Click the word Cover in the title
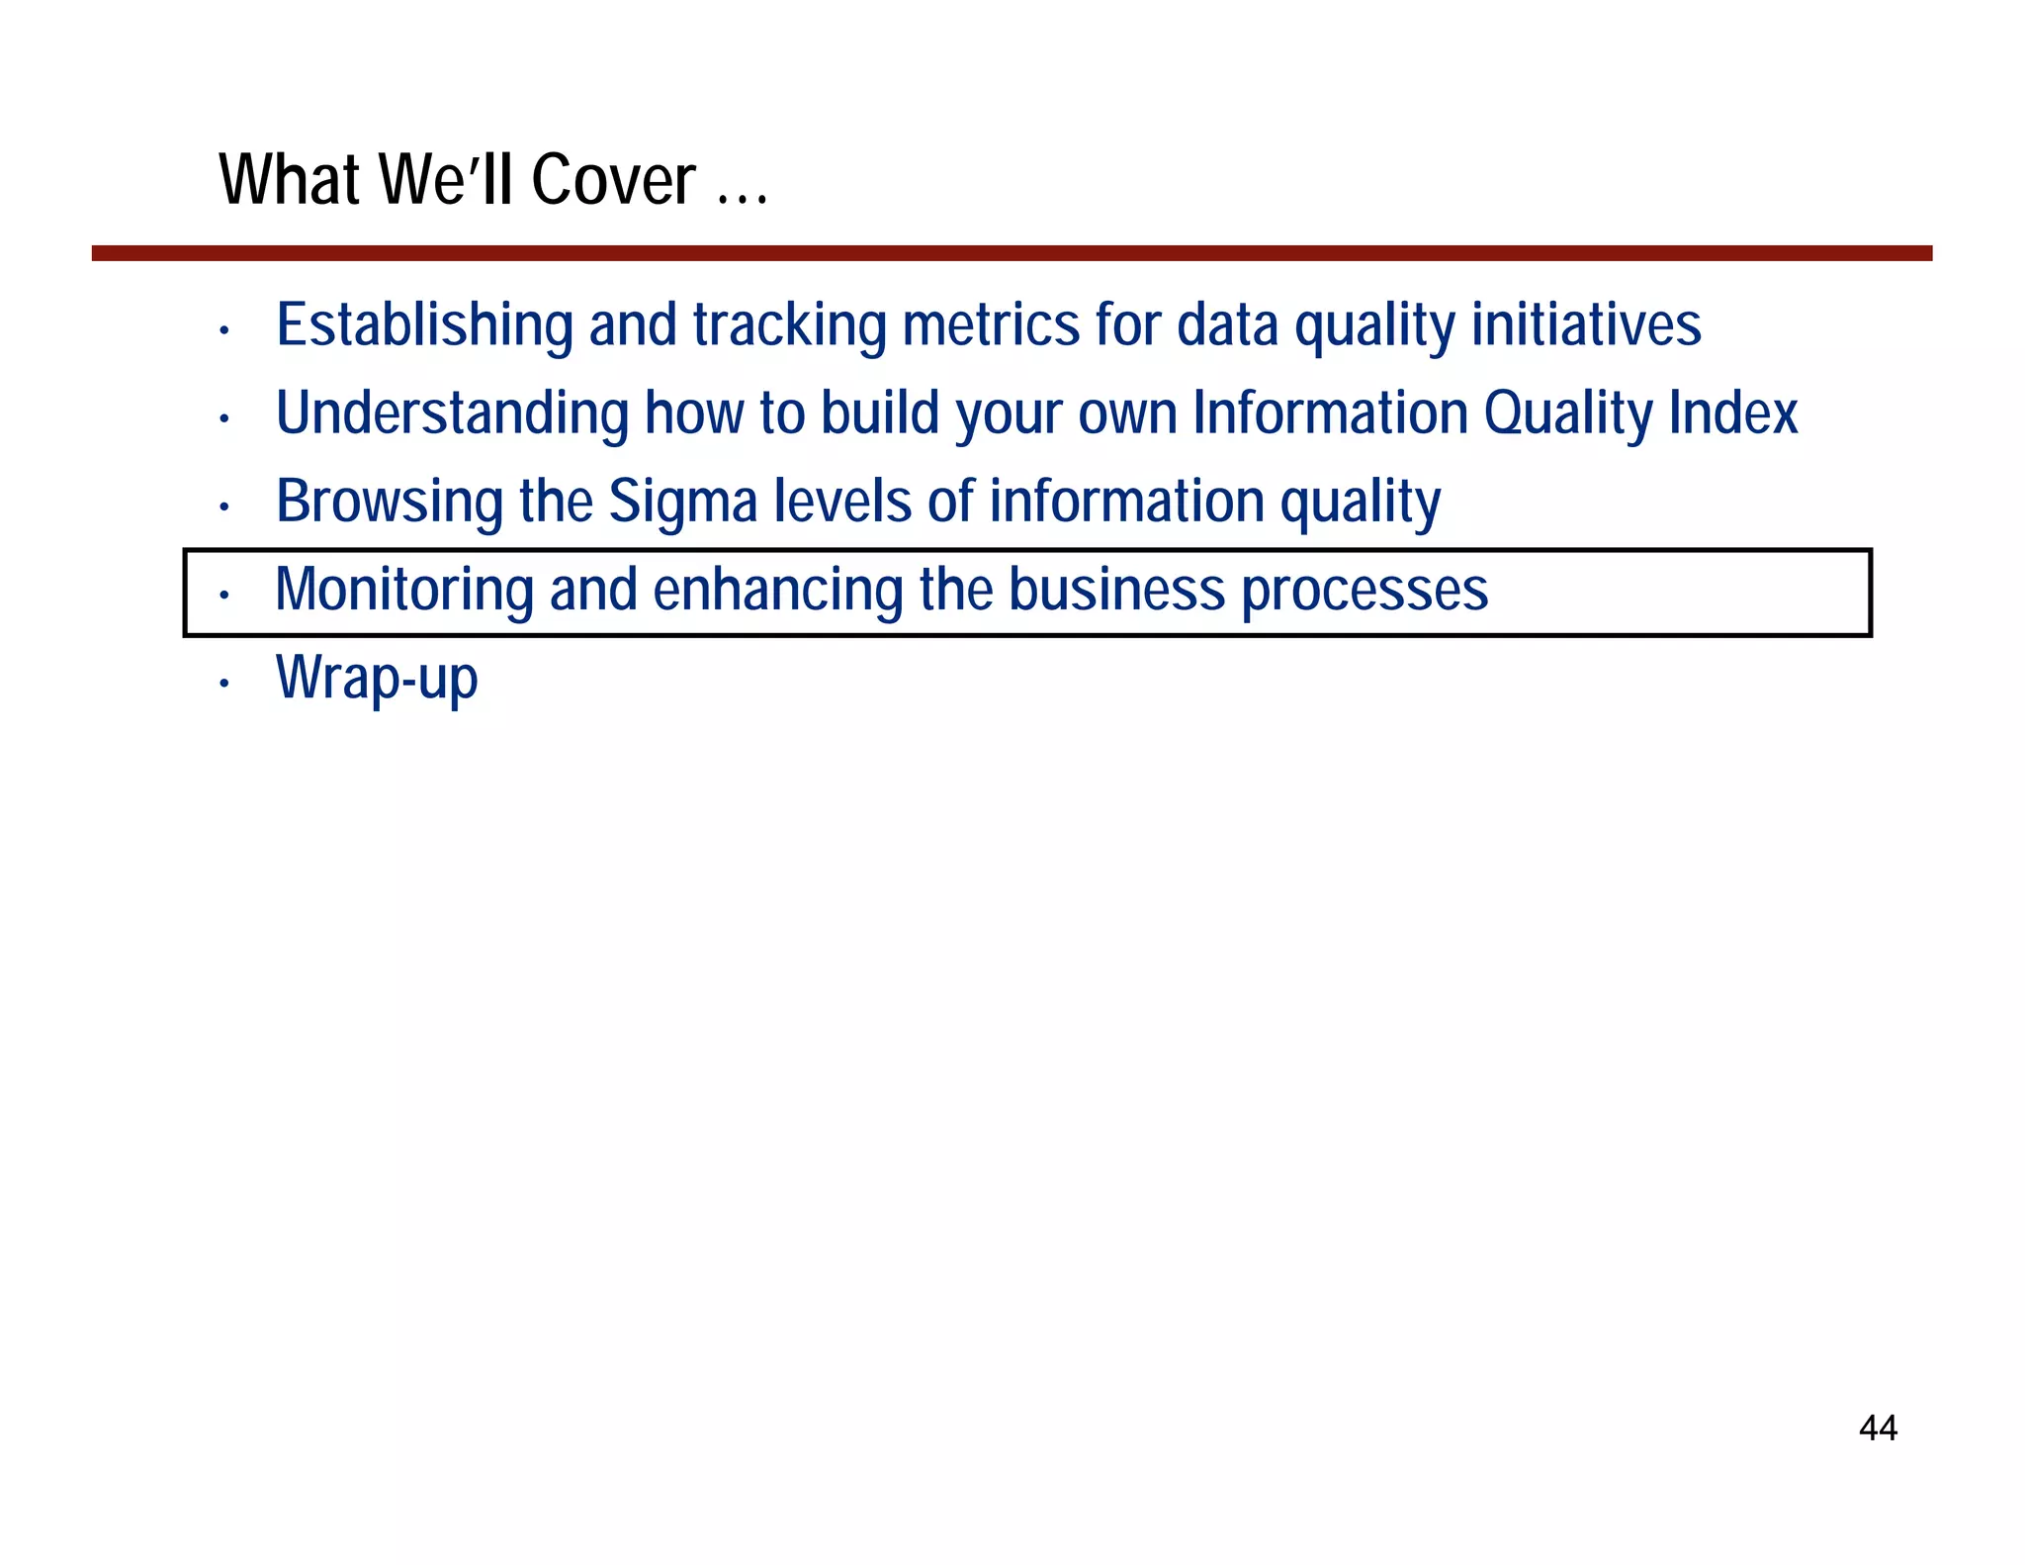click(x=613, y=180)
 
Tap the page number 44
click(x=1878, y=1427)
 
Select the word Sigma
click(x=682, y=502)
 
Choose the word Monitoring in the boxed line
click(x=403, y=590)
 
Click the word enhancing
click(x=777, y=591)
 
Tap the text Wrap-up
click(x=377, y=679)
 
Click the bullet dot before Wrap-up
click(x=225, y=684)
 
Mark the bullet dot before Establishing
click(x=225, y=330)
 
